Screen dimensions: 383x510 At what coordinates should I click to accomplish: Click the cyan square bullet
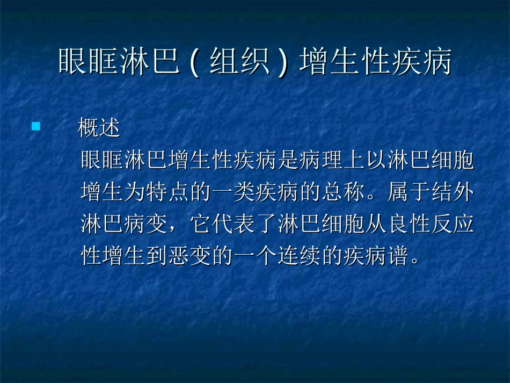point(36,127)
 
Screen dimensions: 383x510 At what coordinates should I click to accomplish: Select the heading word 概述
point(98,128)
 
